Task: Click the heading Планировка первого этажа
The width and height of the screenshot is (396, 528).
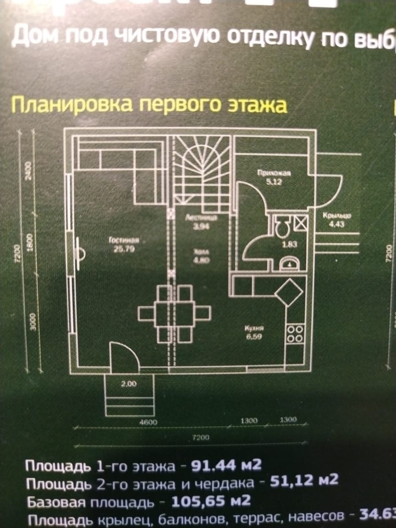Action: [149, 105]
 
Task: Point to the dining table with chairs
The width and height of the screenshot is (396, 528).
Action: [174, 314]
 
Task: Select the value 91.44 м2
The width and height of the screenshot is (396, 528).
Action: [225, 466]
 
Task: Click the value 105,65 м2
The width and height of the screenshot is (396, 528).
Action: [211, 500]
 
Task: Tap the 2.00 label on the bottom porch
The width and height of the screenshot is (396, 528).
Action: [129, 384]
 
